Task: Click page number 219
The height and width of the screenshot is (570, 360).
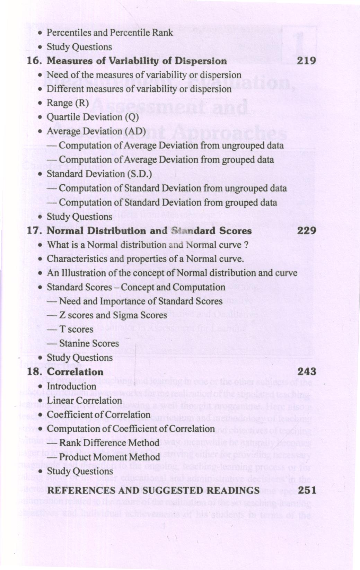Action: click(307, 61)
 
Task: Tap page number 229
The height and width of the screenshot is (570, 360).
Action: click(307, 231)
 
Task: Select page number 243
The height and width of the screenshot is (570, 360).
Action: click(307, 372)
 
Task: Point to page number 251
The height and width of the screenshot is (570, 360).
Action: click(307, 490)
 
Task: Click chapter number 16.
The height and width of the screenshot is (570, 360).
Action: click(34, 61)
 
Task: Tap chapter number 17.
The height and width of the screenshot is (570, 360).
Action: click(34, 231)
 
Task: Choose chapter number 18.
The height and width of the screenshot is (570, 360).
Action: click(34, 372)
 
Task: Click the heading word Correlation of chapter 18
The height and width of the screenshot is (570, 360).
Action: click(75, 372)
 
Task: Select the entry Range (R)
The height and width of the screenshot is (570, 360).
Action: click(68, 103)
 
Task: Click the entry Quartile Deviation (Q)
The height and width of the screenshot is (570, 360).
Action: click(93, 117)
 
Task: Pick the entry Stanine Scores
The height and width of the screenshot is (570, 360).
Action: click(89, 343)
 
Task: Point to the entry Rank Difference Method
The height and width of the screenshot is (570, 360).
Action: click(109, 443)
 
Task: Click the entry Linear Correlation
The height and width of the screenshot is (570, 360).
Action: click(84, 401)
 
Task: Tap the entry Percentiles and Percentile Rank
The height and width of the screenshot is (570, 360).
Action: click(109, 33)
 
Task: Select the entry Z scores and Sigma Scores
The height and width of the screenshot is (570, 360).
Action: click(113, 315)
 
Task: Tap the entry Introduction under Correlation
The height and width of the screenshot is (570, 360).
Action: click(71, 386)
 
